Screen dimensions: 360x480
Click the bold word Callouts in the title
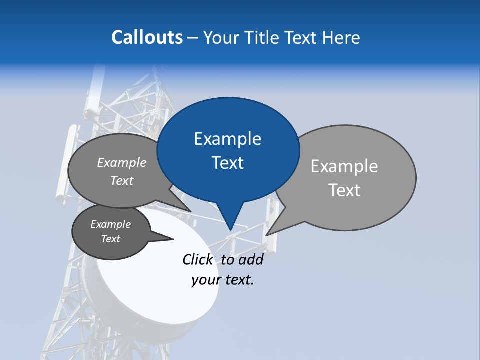pos(147,37)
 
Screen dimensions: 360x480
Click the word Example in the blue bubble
pos(227,139)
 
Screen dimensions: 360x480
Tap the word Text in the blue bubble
pos(228,163)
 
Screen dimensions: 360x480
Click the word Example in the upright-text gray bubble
pos(344,166)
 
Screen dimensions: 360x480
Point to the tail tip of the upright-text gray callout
pos(266,235)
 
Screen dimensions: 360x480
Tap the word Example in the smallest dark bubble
pos(111,224)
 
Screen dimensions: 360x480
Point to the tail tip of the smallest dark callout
pos(173,239)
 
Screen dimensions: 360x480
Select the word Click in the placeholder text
pos(197,259)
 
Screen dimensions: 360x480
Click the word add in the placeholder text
pos(251,259)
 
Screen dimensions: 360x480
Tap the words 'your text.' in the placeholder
pos(223,280)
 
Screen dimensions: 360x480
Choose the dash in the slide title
pos(193,37)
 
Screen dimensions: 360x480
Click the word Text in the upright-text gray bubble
pos(345,190)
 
